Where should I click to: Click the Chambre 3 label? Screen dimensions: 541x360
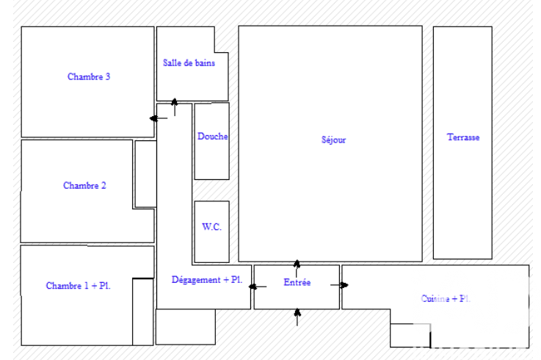click(89, 76)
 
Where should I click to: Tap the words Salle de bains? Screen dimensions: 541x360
click(189, 63)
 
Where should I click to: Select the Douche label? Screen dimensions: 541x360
click(212, 136)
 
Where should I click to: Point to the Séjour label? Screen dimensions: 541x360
click(334, 140)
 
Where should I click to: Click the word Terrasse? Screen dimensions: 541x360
click(463, 137)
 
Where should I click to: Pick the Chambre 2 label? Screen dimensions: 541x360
click(84, 185)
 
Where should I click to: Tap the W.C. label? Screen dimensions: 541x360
click(211, 226)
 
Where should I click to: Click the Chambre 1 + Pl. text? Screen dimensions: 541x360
click(78, 285)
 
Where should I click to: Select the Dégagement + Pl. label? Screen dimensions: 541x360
click(207, 279)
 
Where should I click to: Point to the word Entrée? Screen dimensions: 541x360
click(297, 282)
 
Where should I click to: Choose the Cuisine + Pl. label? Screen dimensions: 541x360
click(446, 298)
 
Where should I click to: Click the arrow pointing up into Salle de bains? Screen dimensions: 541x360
click(175, 107)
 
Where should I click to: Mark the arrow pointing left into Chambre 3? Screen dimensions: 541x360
click(159, 118)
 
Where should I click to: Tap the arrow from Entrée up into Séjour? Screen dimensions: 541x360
click(297, 268)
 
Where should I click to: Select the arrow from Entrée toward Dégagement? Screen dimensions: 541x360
click(258, 287)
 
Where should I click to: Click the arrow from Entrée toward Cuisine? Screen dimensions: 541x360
click(340, 285)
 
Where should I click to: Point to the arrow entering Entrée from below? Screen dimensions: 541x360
click(297, 317)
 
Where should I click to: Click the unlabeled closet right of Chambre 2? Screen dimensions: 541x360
click(145, 174)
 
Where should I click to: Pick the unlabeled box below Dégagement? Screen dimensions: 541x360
click(186, 326)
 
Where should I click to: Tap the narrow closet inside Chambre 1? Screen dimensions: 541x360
click(143, 312)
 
